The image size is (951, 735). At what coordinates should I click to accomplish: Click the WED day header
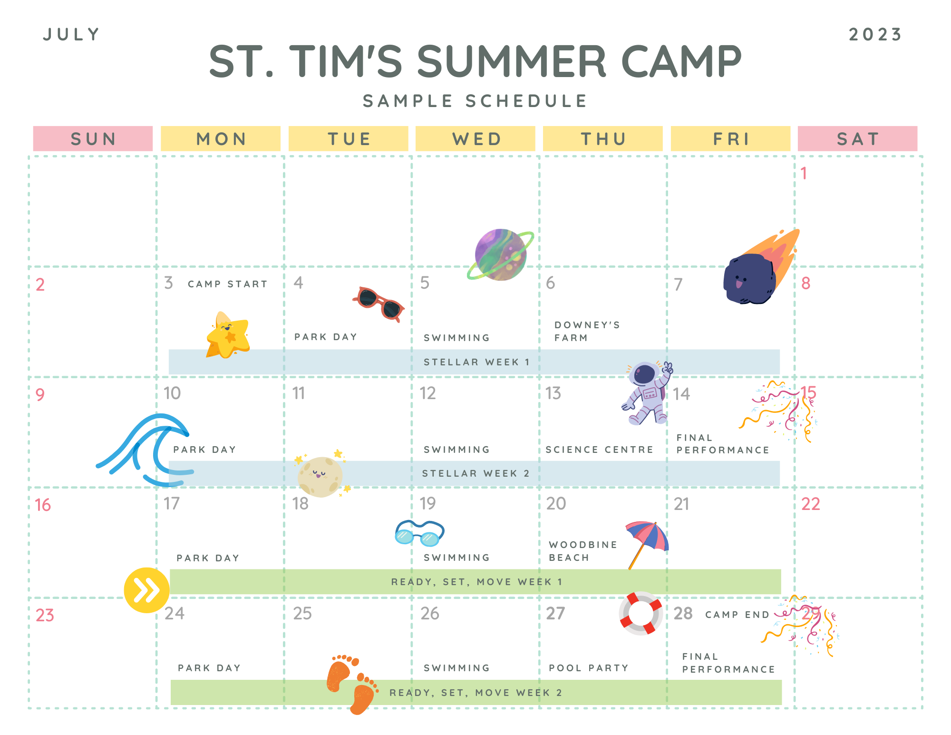pos(475,138)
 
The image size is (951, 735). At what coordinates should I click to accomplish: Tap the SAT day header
pos(857,138)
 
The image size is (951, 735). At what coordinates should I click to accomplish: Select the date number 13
pos(553,393)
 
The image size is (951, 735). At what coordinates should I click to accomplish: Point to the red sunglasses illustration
pos(378,304)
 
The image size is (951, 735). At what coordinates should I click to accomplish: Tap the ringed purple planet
pos(500,255)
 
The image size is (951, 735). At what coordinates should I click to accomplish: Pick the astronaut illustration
pos(648,393)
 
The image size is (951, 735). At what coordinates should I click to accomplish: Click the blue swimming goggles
pos(419,533)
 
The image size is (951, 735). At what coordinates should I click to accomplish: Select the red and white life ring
pos(640,613)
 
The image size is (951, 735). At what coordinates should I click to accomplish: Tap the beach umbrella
pos(647,542)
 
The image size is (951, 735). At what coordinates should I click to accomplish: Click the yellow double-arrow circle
pos(146,590)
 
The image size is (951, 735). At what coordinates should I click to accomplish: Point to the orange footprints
pos(352,684)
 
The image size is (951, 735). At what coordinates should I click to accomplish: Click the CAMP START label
pos(228,284)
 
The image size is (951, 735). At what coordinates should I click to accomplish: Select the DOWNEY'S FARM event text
pos(587,331)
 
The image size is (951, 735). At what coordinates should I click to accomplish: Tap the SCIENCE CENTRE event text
pos(599,450)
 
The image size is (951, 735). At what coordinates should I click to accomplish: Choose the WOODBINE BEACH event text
pos(583,551)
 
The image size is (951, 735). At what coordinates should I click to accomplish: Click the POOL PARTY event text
pos(589,668)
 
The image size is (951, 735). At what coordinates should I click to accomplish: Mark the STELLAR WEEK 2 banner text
pos(475,473)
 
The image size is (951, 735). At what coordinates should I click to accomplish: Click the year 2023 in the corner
pos(875,35)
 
